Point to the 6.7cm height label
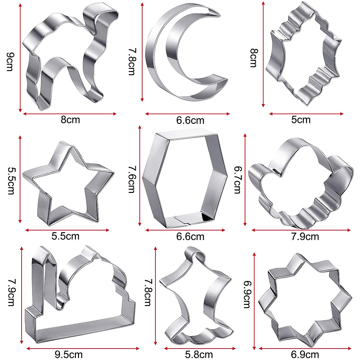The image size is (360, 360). [x=237, y=180]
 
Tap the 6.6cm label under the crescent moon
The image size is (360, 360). [x=190, y=120]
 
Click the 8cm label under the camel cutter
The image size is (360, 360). [x=70, y=120]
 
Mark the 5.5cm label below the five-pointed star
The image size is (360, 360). [x=65, y=236]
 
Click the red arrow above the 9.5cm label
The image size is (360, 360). [x=83, y=348]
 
